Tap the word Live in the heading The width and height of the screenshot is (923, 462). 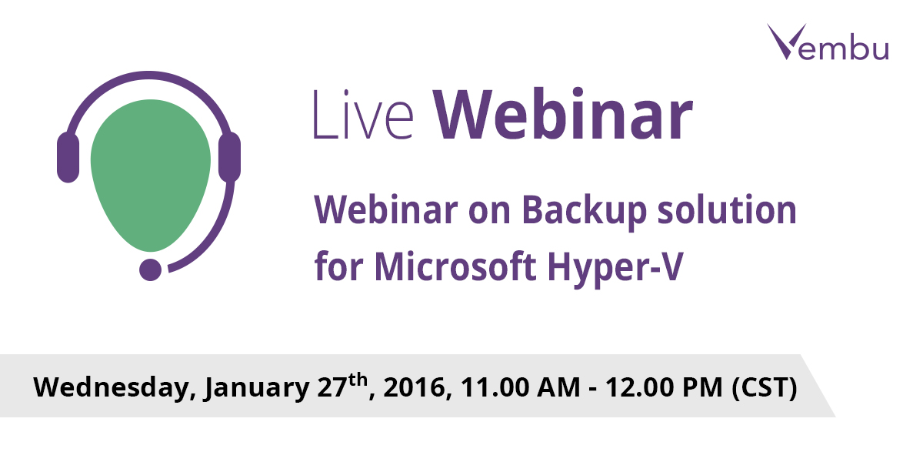(x=362, y=116)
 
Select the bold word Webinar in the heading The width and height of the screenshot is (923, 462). (x=562, y=115)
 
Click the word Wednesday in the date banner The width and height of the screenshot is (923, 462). (x=112, y=387)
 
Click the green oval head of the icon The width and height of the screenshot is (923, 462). (x=151, y=173)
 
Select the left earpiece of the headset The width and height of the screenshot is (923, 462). (x=68, y=157)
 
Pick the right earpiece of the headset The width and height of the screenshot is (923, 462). (x=229, y=157)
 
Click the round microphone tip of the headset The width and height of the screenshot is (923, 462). (x=150, y=269)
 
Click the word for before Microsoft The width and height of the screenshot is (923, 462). (x=338, y=267)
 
